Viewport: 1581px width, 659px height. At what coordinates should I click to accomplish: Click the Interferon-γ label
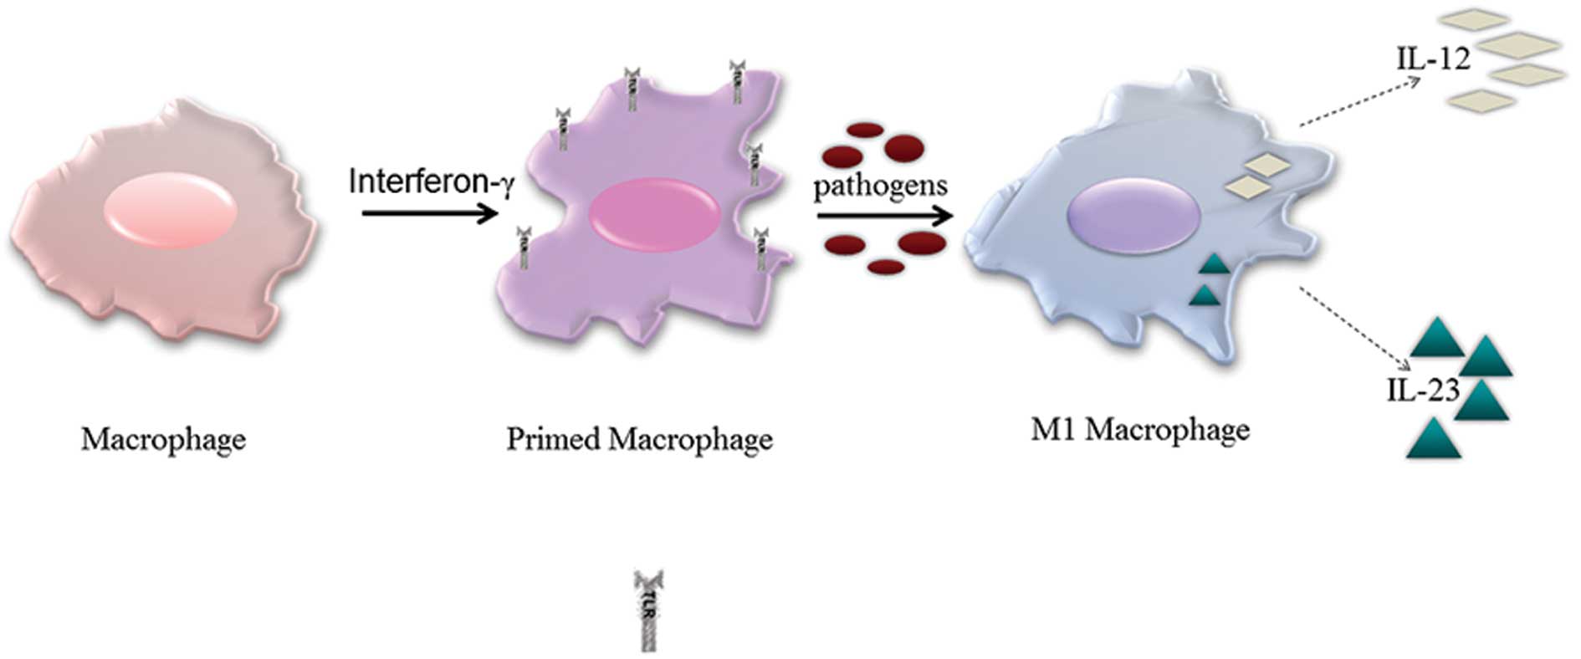[430, 181]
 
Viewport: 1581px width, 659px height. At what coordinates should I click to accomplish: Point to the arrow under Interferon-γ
[430, 214]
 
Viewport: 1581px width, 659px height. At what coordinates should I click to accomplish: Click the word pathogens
[880, 186]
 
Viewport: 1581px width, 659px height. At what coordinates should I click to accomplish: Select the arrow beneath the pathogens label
[885, 217]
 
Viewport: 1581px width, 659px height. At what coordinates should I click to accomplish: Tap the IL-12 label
[1433, 59]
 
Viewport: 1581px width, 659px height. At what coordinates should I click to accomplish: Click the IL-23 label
[1423, 390]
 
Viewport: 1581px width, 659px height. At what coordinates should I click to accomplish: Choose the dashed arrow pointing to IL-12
[1360, 102]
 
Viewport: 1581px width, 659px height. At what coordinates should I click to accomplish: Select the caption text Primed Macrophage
[639, 439]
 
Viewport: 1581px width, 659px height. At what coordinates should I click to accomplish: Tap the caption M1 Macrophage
[1140, 430]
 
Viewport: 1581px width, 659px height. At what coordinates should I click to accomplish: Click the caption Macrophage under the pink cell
[163, 439]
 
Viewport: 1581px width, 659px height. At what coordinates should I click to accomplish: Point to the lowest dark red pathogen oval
[886, 267]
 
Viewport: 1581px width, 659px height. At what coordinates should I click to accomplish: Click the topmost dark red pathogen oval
[866, 130]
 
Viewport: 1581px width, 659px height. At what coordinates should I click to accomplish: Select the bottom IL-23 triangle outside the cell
[1433, 441]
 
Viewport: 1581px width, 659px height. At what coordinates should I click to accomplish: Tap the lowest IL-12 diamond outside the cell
[1481, 100]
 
